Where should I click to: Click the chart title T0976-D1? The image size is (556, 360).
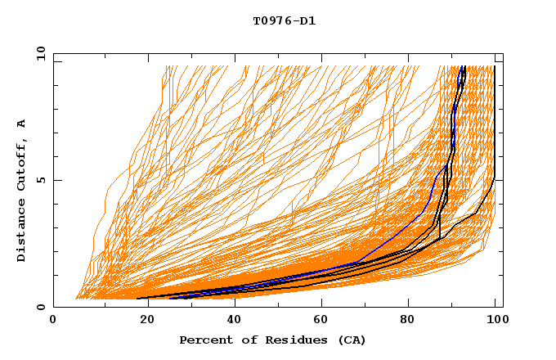[x=284, y=21]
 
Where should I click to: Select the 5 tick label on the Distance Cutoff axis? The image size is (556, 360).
[x=44, y=180]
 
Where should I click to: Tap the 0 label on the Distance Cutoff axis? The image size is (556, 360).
[x=44, y=307]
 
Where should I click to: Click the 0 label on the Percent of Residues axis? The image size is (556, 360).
[x=53, y=320]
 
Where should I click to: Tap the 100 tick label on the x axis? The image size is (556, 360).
[x=496, y=320]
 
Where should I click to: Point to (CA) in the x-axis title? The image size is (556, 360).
[x=352, y=340]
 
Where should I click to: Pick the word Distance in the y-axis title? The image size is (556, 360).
[x=22, y=231]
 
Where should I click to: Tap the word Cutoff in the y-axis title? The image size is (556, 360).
[x=22, y=168]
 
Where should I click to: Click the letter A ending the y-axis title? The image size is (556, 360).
[x=22, y=124]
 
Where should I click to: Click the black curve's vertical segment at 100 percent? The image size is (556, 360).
[x=495, y=123]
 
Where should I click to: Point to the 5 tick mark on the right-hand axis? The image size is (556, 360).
[x=500, y=180]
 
